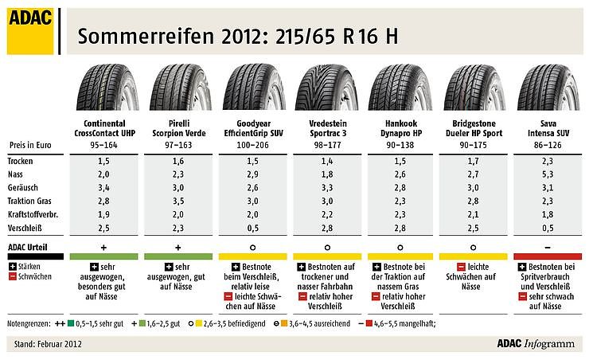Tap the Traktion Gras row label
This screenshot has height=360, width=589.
point(28,201)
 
